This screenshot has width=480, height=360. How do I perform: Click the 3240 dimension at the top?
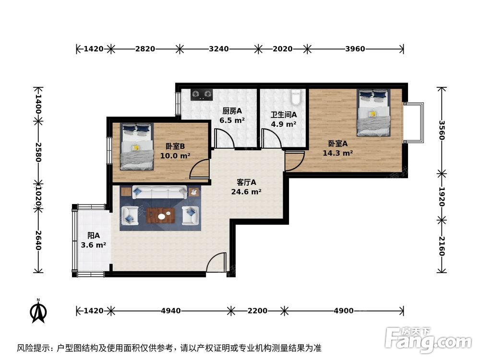[218, 48]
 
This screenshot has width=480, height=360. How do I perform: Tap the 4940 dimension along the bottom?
[170, 311]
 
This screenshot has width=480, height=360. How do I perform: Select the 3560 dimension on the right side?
[442, 130]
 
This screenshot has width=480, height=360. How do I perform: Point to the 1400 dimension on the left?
[38, 103]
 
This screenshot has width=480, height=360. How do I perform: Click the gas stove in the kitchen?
[202, 94]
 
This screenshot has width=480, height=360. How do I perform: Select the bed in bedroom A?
[373, 113]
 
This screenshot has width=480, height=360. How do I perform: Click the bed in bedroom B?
[136, 146]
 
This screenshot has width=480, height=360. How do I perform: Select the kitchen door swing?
[224, 139]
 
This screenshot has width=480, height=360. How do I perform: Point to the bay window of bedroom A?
[414, 122]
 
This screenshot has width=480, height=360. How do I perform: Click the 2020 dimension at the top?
[282, 48]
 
